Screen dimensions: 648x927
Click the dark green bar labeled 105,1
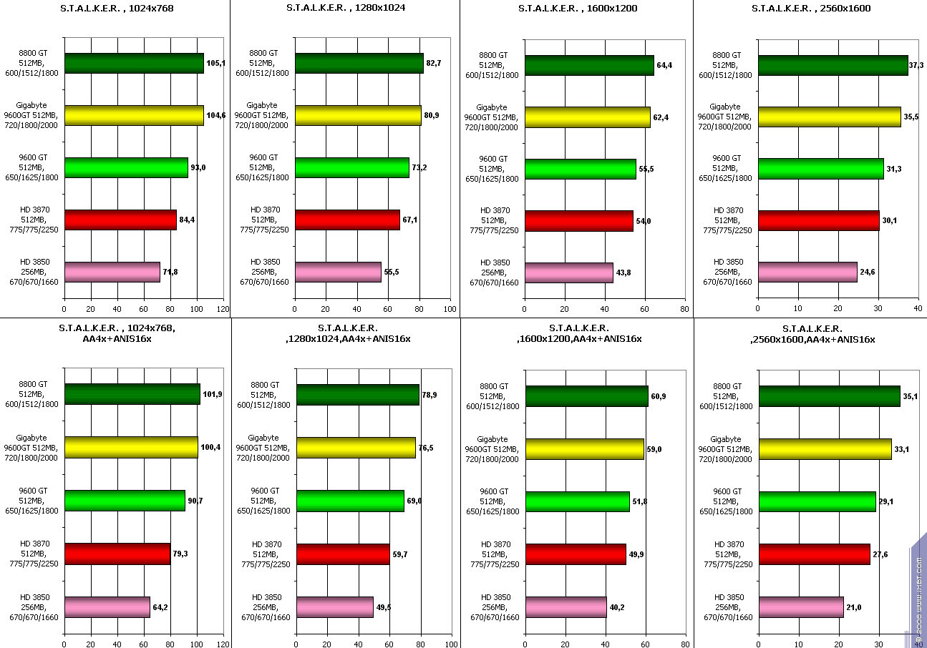(134, 64)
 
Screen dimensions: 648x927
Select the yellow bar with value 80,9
(358, 115)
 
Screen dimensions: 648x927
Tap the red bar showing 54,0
(578, 221)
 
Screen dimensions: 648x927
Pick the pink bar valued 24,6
(807, 272)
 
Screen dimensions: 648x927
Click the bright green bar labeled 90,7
(125, 501)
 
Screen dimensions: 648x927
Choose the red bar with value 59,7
(343, 554)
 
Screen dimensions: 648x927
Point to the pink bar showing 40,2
(566, 607)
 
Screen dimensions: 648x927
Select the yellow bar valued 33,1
(825, 449)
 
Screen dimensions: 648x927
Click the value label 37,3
(916, 65)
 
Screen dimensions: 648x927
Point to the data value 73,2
(419, 167)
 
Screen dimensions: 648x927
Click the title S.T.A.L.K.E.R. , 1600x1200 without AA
(578, 9)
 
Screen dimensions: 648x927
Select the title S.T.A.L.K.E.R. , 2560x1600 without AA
(811, 9)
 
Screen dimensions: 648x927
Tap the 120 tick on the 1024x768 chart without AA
(223, 309)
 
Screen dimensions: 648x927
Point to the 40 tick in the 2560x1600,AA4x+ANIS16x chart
(918, 644)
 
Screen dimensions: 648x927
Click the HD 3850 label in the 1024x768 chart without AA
(34, 272)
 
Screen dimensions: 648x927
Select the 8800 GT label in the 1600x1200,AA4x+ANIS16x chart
(493, 396)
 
